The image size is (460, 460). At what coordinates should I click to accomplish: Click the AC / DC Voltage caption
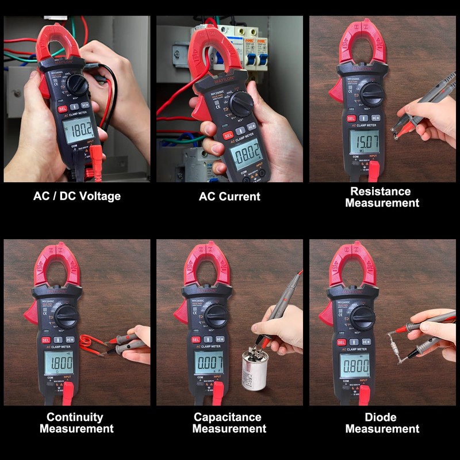pyautogui.click(x=76, y=196)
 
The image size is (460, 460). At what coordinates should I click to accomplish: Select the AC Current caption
pyautogui.click(x=229, y=196)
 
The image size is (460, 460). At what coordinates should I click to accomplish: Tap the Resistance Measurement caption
pyautogui.click(x=382, y=197)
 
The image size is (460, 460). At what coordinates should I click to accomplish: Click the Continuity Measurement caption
pyautogui.click(x=76, y=423)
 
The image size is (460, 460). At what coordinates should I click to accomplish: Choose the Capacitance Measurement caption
pyautogui.click(x=229, y=423)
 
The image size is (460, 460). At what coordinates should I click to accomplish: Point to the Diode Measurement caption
pyautogui.click(x=382, y=423)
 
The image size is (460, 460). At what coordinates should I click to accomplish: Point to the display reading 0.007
pyautogui.click(x=209, y=363)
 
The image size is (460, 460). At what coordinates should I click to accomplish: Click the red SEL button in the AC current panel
pyautogui.click(x=228, y=135)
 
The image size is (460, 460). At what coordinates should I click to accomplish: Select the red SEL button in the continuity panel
pyautogui.click(x=45, y=340)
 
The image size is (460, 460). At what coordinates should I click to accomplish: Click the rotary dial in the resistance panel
pyautogui.click(x=372, y=94)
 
